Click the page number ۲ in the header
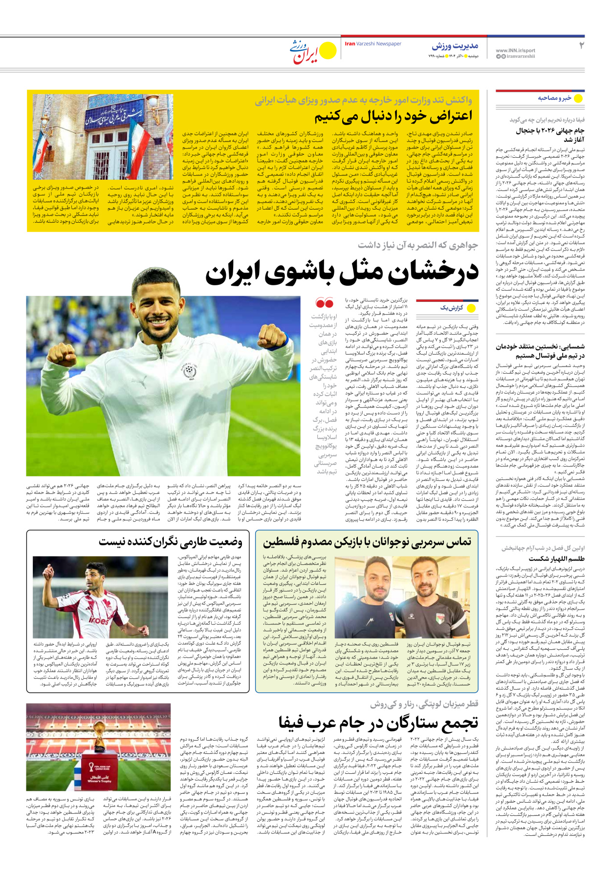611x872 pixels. coord(581,46)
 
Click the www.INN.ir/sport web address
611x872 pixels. coord(515,50)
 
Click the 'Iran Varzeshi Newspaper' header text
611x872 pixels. coord(373,44)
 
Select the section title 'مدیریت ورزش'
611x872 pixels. coord(455,46)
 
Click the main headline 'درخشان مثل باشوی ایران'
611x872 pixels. coord(342,273)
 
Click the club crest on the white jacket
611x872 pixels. coord(189,371)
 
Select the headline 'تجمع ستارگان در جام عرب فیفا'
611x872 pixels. coord(378,722)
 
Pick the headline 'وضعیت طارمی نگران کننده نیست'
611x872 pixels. coord(171,542)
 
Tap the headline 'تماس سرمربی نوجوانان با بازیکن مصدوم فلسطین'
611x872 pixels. coord(367,542)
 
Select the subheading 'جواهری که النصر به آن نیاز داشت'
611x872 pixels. coord(417,245)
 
